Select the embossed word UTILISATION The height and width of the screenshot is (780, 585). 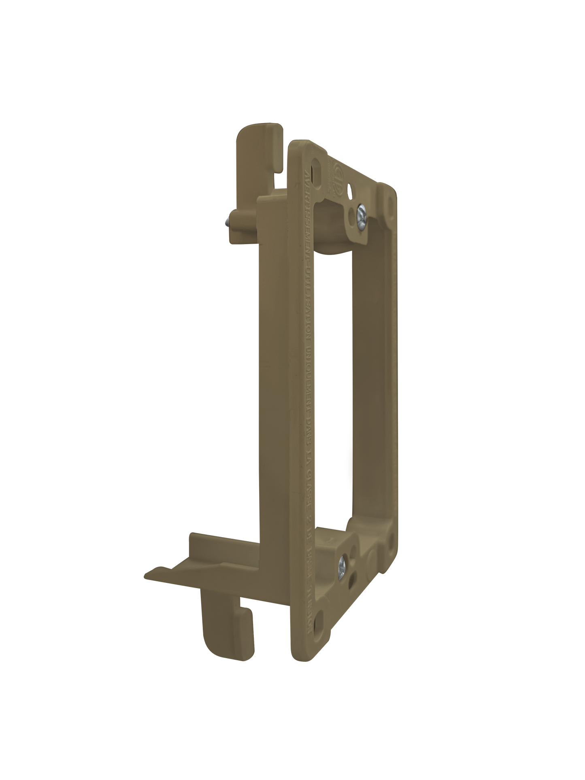[308, 283]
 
